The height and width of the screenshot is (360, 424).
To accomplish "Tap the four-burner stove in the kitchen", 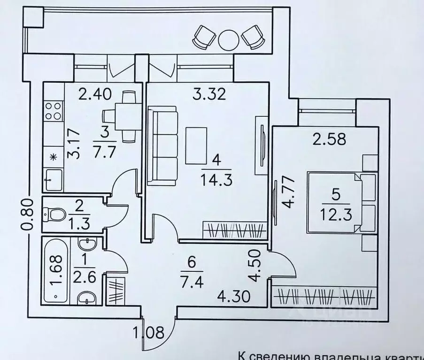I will pos(53,111).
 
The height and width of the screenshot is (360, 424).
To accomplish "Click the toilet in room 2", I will pos(54,215).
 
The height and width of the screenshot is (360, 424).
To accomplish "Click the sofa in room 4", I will pos(162,146).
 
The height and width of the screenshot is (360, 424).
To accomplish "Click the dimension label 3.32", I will pos(210,94).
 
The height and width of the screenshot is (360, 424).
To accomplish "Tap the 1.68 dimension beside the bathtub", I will pos(57,270).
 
